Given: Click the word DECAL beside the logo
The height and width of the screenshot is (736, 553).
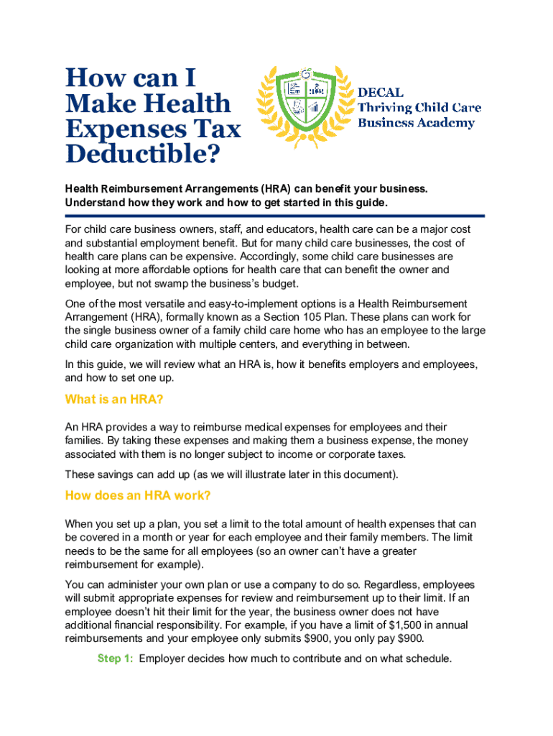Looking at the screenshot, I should point(381,92).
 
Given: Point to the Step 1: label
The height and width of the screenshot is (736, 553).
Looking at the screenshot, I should point(115,658).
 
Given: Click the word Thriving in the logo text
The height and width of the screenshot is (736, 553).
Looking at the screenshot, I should point(385,108).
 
